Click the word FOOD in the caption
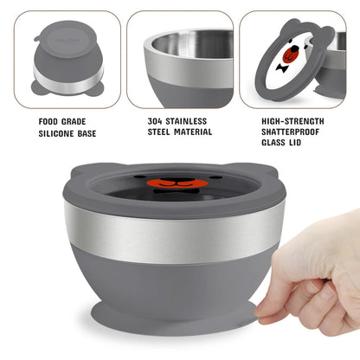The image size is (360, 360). click(48, 121)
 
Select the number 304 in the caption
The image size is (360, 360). click(155, 121)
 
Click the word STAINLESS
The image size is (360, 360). click(186, 121)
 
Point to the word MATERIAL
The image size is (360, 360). click(193, 132)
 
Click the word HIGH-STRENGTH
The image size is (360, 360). click(292, 121)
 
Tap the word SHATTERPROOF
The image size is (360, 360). click(290, 132)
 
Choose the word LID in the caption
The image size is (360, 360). click(293, 142)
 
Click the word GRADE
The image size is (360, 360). click(74, 121)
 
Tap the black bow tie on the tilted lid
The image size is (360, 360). click(281, 68)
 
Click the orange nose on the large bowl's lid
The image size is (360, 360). click(173, 183)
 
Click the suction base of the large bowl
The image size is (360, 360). click(174, 318)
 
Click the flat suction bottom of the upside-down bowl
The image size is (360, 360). click(67, 36)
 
